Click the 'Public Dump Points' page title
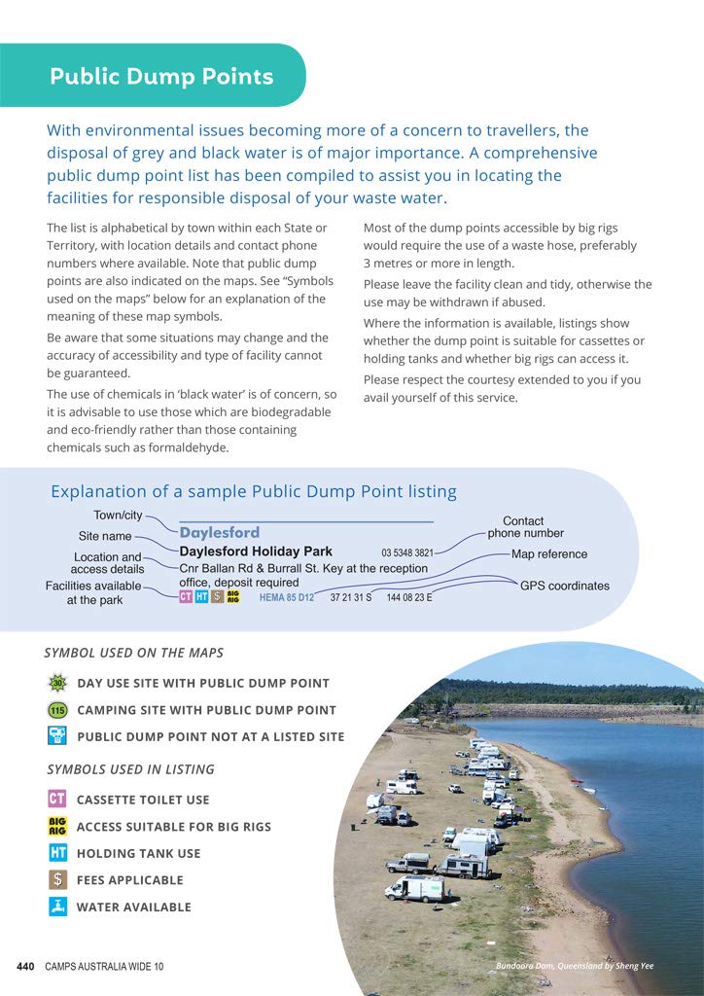coord(161,77)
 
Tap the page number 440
coord(26,966)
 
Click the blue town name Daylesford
coord(220,533)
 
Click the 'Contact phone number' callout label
coord(524,527)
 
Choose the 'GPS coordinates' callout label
coord(564,586)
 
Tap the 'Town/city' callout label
coord(118,515)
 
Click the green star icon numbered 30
coord(57,683)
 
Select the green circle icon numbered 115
coord(57,710)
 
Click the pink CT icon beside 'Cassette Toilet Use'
coord(57,800)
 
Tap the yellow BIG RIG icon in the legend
coord(57,827)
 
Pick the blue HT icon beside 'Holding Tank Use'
coord(57,853)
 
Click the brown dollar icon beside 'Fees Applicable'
coord(57,880)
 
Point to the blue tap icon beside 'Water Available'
coord(57,907)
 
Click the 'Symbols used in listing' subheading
coord(130,769)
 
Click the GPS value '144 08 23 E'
coord(409,597)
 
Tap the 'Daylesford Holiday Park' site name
coord(256,551)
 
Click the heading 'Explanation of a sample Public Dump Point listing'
coord(253,491)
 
